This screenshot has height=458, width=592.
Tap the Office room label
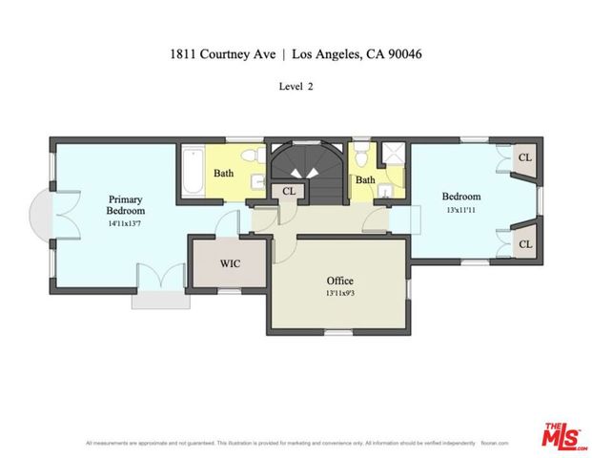[x=339, y=281]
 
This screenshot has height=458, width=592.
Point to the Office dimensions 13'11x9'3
[x=339, y=294]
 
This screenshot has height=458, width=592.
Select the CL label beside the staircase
[x=290, y=192]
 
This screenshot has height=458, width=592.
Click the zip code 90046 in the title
[x=404, y=54]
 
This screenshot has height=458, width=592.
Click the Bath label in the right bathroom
[x=366, y=179]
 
